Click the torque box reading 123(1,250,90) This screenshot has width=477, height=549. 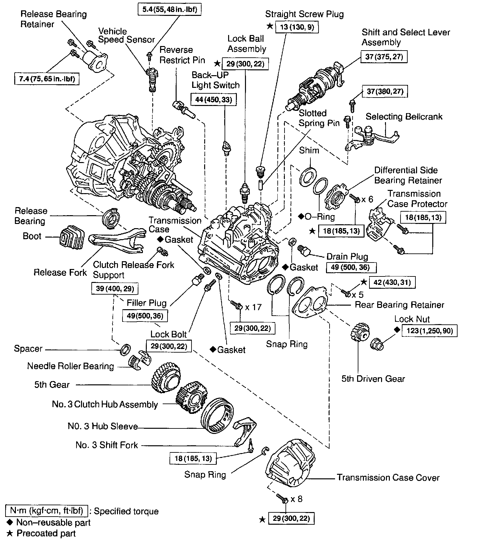coord(429,331)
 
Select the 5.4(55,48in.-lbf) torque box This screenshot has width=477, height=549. coord(169,9)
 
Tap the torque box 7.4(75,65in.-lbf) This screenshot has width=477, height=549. coord(47,79)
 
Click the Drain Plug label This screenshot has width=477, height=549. coord(347,257)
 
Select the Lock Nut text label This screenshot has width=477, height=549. coord(412,319)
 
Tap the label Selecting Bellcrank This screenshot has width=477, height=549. coord(404,117)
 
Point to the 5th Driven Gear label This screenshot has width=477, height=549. coord(373,379)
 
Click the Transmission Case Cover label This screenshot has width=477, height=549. coord(388,477)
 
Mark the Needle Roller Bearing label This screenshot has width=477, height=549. coord(70,366)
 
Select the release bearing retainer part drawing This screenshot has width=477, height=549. coord(95,61)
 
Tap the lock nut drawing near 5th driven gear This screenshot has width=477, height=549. coord(377,345)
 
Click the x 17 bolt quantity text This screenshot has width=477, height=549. coord(253,307)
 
